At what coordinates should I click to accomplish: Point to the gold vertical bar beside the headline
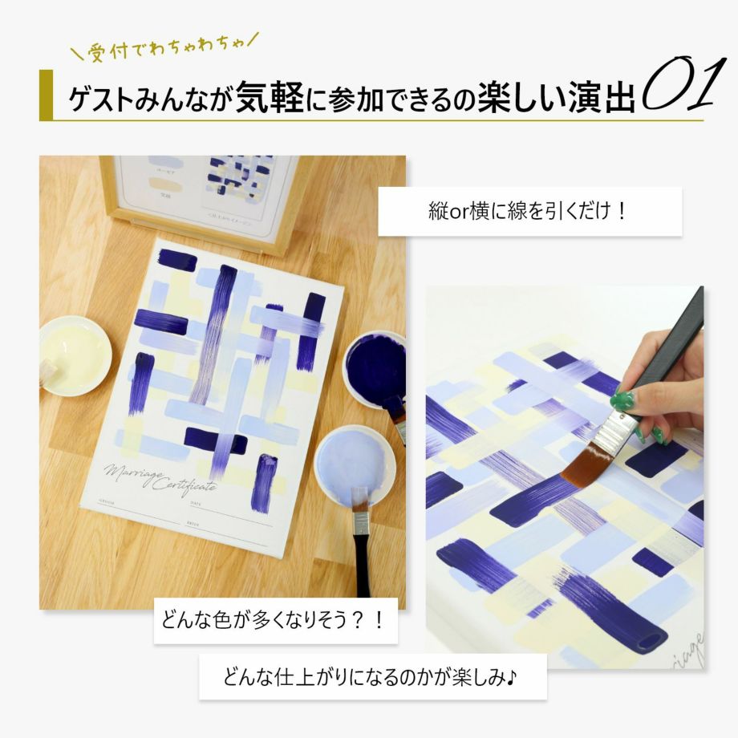pos(46,95)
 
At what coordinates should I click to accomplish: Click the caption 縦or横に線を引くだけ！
pos(529,213)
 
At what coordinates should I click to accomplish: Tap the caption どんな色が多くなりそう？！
pos(276,621)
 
